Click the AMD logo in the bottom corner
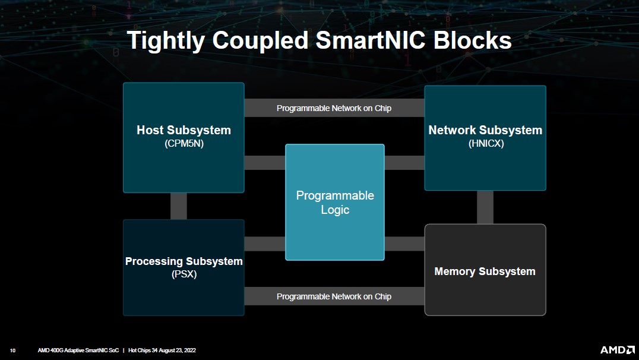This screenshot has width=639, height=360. [x=616, y=350]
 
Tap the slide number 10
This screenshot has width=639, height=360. [x=12, y=350]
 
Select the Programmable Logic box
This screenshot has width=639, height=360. [x=335, y=203]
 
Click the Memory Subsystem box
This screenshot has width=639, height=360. [x=485, y=271]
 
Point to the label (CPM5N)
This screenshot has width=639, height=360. [x=184, y=143]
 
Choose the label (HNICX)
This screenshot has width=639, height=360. [x=485, y=143]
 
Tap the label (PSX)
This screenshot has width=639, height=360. [x=184, y=274]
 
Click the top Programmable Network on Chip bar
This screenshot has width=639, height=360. [x=334, y=108]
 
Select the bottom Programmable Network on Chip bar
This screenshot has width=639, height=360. [x=334, y=296]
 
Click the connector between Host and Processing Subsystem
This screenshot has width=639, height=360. [x=179, y=206]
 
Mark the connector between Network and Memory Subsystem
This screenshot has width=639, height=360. [x=485, y=207]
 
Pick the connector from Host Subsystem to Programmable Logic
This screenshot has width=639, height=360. [x=264, y=162]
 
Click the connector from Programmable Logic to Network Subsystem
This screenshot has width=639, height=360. [x=404, y=162]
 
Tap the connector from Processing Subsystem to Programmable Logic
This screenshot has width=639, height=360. [x=264, y=244]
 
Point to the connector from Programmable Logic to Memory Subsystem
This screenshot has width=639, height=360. [x=404, y=244]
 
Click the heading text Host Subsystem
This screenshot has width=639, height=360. [x=184, y=130]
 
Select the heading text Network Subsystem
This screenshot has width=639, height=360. [x=485, y=130]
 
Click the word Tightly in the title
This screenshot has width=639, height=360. [x=167, y=40]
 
